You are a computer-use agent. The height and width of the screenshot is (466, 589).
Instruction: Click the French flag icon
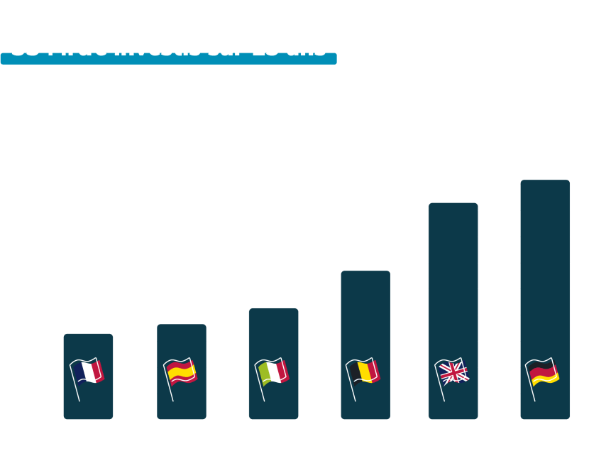click(88, 372)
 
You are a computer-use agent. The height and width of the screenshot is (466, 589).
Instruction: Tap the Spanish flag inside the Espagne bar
click(181, 372)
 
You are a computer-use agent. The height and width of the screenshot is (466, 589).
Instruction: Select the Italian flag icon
click(273, 372)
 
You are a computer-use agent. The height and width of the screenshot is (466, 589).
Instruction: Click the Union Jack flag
click(453, 372)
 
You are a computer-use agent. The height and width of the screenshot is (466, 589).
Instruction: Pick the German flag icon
click(544, 372)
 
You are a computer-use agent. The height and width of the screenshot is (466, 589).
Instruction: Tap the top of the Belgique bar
click(365, 272)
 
